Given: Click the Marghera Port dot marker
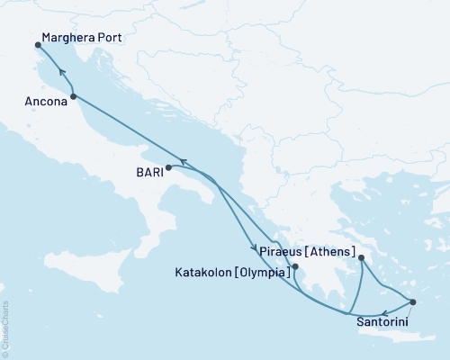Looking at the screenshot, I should point(38,43).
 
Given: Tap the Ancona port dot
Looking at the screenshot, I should point(73,96).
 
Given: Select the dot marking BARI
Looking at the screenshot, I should point(168,166).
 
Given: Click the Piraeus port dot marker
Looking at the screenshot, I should point(361,258).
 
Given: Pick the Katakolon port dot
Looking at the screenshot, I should point(295,266).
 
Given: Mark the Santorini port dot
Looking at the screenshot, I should point(413,302).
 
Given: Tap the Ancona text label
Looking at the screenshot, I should point(44,103).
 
